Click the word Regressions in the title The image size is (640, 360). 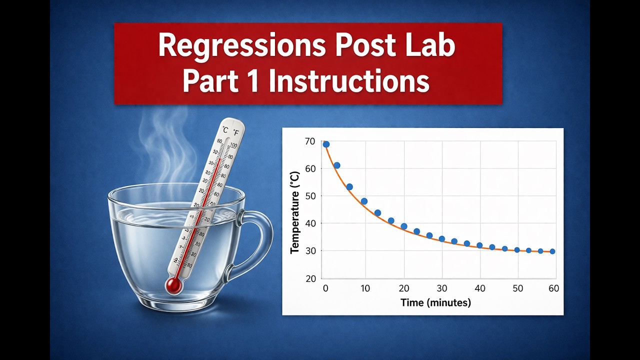point(234,46)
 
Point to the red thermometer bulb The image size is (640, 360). point(173,285)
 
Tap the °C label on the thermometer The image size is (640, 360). point(224,130)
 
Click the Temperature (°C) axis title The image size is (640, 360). point(295,212)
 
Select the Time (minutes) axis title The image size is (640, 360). point(435,302)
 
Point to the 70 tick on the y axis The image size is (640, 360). point(310,141)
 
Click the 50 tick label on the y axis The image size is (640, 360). point(310,196)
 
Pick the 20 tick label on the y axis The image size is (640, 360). point(310,278)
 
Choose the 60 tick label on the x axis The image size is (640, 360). point(553,288)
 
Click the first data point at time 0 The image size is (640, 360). point(326,144)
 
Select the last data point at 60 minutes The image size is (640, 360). point(552,251)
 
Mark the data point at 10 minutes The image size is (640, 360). point(364,201)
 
